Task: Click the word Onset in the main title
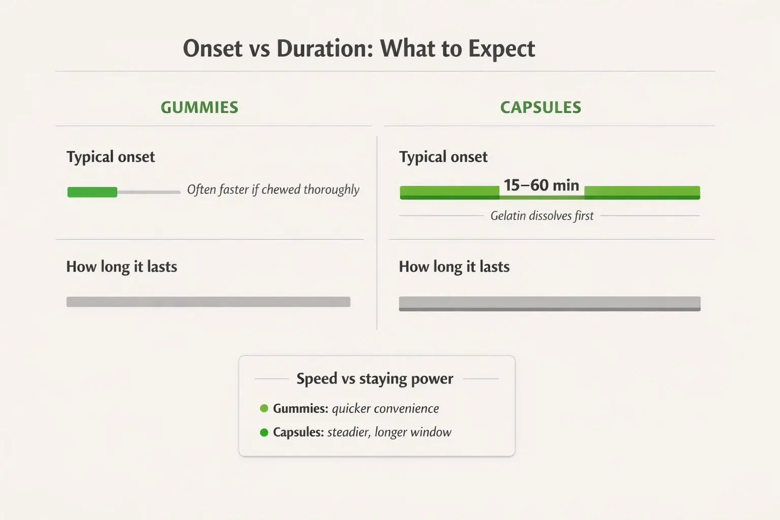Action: click(213, 49)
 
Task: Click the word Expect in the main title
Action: click(501, 49)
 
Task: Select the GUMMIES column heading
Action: click(200, 107)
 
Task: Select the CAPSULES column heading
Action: click(540, 107)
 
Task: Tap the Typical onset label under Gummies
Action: click(111, 157)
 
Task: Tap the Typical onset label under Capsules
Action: click(443, 157)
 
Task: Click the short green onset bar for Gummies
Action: click(92, 192)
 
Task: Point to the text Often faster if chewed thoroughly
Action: click(273, 189)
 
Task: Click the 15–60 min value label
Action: click(541, 185)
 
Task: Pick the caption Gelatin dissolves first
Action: click(542, 216)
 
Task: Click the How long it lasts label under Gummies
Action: click(122, 267)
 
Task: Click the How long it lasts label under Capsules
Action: click(454, 267)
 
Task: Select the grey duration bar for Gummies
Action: click(208, 302)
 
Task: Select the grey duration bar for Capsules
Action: click(549, 303)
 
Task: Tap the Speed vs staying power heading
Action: click(375, 379)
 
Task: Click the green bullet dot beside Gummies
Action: click(264, 408)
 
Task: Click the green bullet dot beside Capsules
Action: click(264, 433)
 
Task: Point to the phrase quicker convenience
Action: click(385, 408)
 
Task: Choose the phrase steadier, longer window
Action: click(389, 432)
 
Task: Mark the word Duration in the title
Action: click(325, 49)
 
